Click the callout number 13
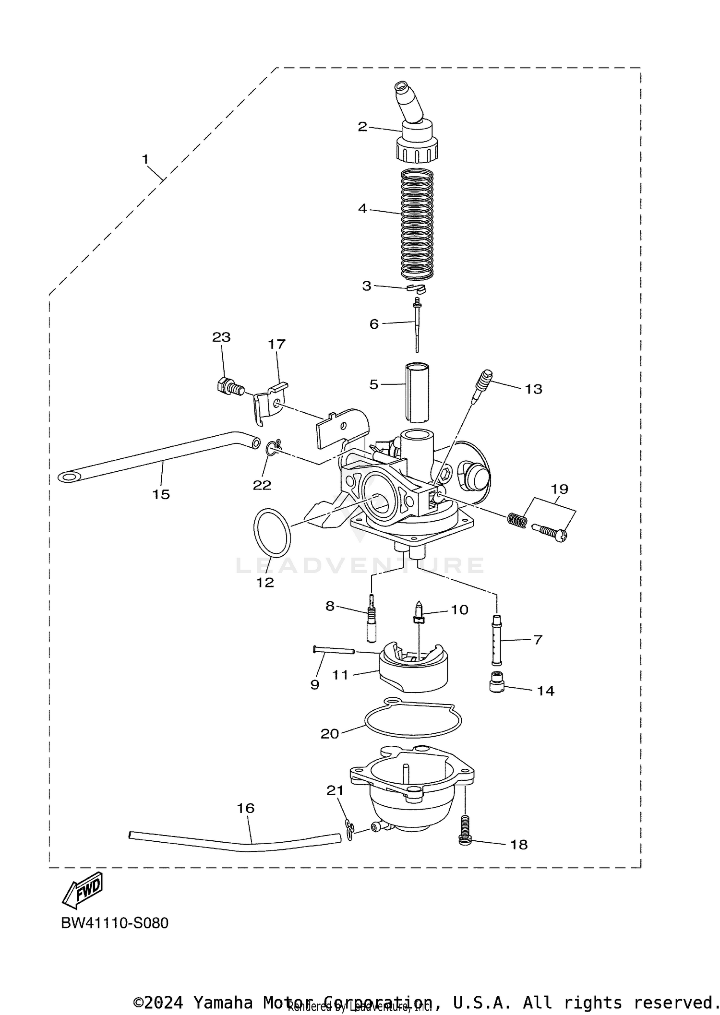point(533,389)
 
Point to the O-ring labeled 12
point(272,533)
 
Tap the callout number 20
point(329,733)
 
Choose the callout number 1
point(145,159)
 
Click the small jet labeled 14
point(496,681)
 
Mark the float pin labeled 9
point(333,650)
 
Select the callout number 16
point(245,808)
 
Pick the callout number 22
point(262,485)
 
